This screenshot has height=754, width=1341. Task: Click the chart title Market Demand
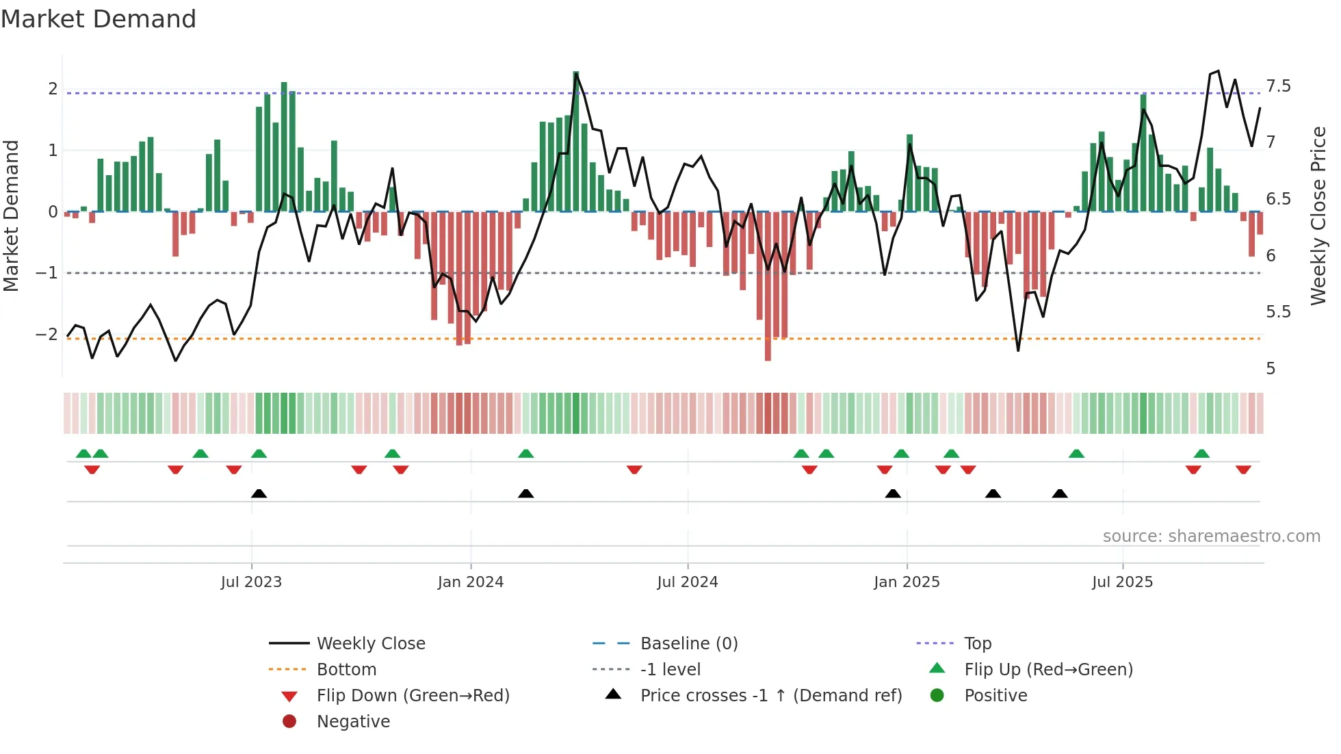[99, 18]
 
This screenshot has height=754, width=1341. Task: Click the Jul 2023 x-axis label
[251, 582]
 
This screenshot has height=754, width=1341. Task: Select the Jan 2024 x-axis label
[471, 582]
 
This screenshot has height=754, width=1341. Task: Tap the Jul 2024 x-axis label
[688, 582]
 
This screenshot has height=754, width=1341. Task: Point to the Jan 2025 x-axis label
[907, 582]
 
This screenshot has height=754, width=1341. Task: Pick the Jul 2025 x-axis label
[1122, 582]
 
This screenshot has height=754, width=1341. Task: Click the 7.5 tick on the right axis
[1278, 86]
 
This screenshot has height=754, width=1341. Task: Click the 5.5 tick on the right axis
[1278, 312]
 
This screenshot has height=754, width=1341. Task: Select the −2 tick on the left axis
[47, 335]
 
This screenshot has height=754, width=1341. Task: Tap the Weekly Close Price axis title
[1318, 216]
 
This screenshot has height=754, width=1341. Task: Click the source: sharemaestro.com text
[1211, 536]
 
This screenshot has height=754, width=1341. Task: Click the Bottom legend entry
[346, 670]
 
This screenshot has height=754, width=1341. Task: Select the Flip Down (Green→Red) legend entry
[413, 696]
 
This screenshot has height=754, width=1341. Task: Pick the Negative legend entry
[353, 722]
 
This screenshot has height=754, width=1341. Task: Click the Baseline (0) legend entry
[689, 644]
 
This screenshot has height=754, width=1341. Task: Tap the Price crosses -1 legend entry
[771, 696]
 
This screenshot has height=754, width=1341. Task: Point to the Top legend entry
[978, 644]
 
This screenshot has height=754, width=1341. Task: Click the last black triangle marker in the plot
[1059, 494]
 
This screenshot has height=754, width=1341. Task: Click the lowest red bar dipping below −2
[768, 352]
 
